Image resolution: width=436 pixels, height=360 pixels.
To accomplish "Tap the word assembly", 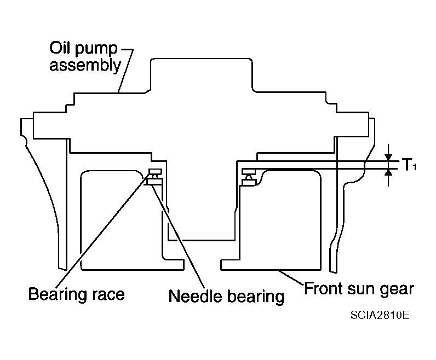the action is (85, 66).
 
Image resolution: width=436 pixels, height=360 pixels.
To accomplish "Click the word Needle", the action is (192, 297).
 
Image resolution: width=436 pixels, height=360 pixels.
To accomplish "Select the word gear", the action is (398, 291).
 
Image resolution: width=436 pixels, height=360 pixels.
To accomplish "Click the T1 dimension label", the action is (409, 165).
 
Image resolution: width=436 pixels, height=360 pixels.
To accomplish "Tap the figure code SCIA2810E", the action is (380, 315).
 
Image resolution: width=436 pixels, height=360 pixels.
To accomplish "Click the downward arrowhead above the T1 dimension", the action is (388, 157).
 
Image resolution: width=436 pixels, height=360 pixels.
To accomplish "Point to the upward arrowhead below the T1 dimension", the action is (388, 172).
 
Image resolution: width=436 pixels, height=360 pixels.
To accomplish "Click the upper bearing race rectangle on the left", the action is (156, 171).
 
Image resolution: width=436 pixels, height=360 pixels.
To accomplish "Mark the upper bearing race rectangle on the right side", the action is (249, 171).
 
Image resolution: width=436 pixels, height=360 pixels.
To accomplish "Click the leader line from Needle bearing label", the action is (178, 236).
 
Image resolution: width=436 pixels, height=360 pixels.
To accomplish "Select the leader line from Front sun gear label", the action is (291, 277).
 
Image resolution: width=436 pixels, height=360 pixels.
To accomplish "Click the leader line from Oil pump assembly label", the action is (125, 71).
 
